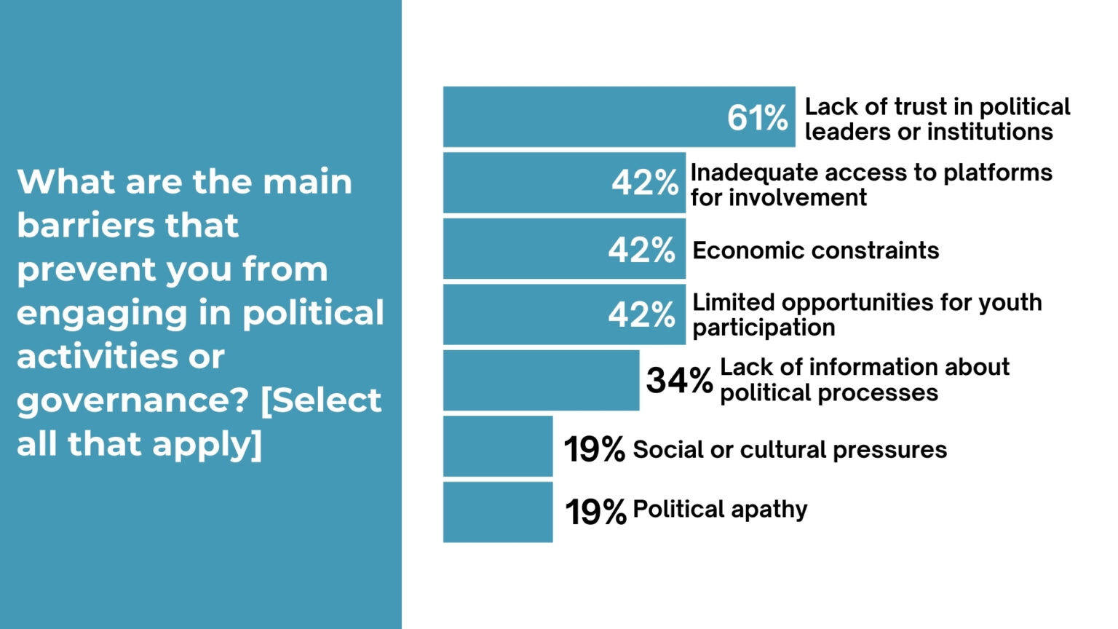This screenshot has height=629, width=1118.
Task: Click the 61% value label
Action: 757,118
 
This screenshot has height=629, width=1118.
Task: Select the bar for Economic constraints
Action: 524,249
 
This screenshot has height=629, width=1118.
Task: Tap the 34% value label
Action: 679,380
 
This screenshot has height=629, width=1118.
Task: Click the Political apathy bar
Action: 498,512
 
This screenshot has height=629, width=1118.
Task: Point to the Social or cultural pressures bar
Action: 498,446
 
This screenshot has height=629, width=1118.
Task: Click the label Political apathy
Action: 720,509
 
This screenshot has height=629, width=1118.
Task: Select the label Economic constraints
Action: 815,250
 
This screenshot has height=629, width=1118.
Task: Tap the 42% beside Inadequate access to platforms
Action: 645,183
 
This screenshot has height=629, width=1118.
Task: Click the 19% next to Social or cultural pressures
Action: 594,449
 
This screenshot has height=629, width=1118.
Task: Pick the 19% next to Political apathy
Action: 595,511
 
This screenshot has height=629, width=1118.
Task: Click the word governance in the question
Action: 124,401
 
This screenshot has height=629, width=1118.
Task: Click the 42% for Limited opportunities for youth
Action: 642,315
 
